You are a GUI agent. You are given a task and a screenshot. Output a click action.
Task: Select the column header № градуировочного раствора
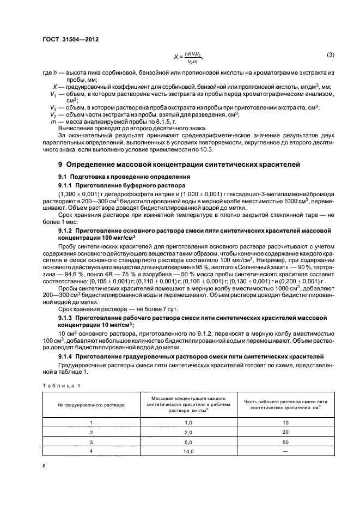tap(91, 405)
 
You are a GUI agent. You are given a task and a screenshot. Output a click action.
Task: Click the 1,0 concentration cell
tap(189, 423)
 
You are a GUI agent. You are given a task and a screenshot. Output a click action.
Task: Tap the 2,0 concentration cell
tap(189, 432)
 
